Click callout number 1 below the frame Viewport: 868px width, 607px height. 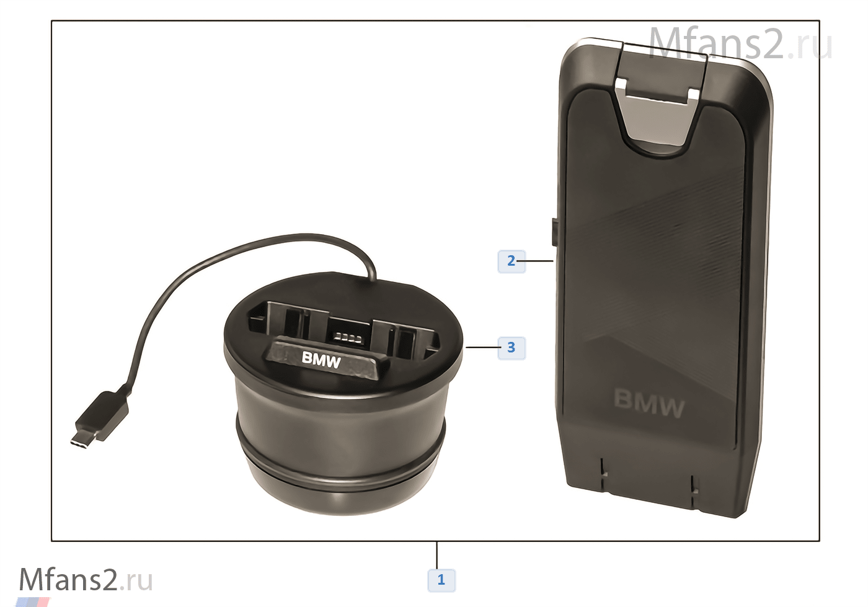pos(441,580)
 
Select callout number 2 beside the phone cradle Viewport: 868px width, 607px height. pos(511,261)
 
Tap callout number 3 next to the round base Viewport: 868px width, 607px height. pos(511,348)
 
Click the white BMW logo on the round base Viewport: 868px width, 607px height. pos(321,360)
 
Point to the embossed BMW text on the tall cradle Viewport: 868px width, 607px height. pos(649,404)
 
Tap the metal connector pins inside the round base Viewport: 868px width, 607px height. pos(348,339)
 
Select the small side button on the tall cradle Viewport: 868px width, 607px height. pos(554,232)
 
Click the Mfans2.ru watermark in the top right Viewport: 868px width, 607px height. pos(740,43)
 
